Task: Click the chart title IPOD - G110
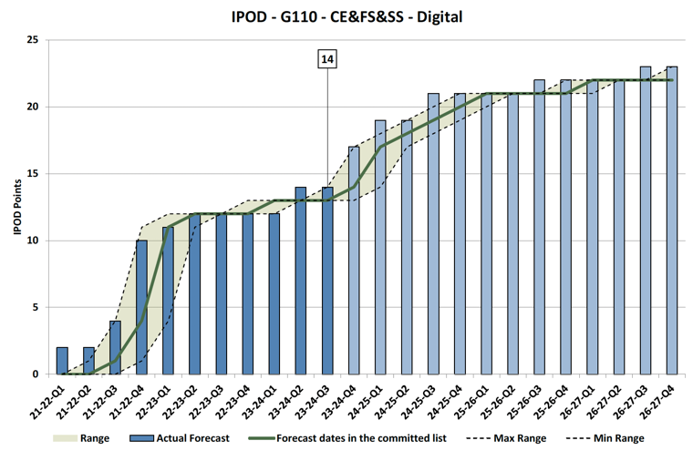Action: click(x=346, y=15)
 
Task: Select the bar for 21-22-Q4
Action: click(x=141, y=307)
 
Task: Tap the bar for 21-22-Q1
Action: click(x=62, y=361)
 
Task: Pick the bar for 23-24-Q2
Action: click(x=300, y=281)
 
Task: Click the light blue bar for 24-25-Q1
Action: click(x=379, y=247)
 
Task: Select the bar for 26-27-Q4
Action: click(x=671, y=220)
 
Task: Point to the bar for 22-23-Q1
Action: click(x=168, y=301)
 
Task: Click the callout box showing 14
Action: click(x=327, y=60)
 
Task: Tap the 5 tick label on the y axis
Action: click(x=35, y=308)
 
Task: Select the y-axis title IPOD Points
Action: click(x=16, y=207)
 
